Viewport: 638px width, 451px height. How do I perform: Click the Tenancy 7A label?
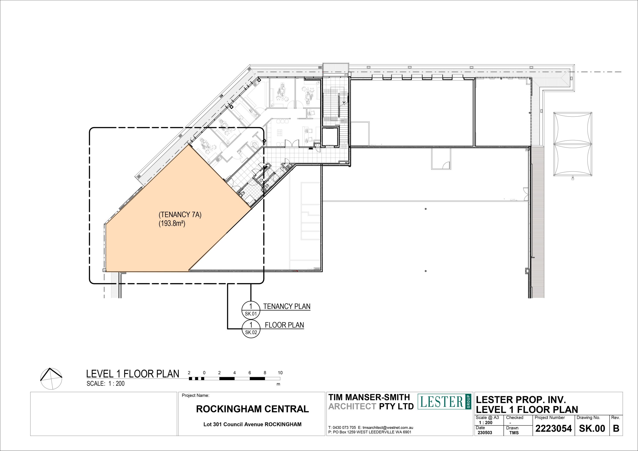pos(180,215)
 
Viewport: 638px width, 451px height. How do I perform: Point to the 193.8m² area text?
pos(172,224)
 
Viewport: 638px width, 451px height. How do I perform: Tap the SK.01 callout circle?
pos(251,310)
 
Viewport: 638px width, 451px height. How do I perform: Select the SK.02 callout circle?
pos(251,328)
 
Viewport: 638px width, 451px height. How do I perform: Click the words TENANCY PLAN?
pos(287,306)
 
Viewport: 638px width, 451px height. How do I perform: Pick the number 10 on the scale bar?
pos(280,373)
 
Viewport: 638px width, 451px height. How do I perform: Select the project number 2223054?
pos(553,429)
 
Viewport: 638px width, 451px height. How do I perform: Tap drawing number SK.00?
pos(592,429)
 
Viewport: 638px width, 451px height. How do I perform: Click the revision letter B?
pos(616,429)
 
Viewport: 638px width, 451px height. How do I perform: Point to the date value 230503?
pos(485,433)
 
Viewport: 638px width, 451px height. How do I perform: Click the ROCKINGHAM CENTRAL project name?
pos(252,409)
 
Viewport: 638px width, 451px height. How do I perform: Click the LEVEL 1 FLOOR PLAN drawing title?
pos(133,374)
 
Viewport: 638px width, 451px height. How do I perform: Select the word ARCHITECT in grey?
pos(352,406)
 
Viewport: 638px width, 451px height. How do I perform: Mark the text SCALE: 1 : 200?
pos(106,384)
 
